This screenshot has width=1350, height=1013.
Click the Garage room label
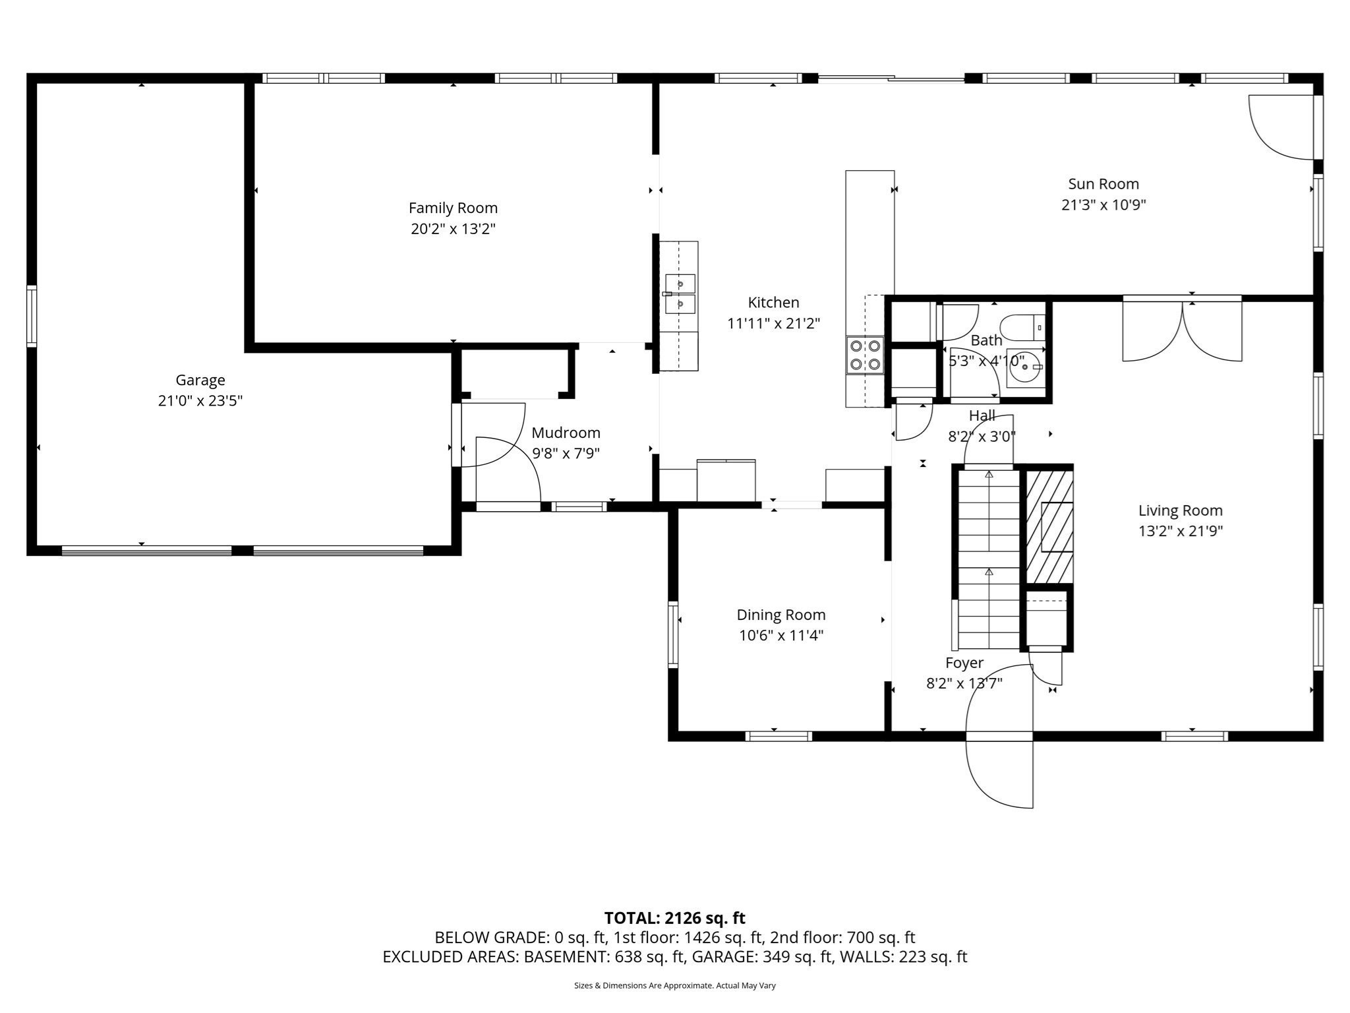click(x=200, y=380)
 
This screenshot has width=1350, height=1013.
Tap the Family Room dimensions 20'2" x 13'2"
click(x=453, y=229)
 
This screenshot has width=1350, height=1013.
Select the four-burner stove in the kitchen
click(x=865, y=355)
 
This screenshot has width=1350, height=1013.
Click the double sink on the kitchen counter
click(x=680, y=294)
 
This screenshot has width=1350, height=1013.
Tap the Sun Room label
click(x=1103, y=184)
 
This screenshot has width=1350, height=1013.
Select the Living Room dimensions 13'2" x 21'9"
click(x=1180, y=531)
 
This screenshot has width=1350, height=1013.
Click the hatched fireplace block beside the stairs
click(x=1049, y=526)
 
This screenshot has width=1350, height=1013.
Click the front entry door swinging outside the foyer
click(x=999, y=772)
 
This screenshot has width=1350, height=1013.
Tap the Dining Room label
click(x=780, y=615)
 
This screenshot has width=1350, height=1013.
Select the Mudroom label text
click(x=566, y=433)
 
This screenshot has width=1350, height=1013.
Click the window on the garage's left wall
click(x=32, y=316)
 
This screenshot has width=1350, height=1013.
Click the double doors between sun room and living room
click(x=1182, y=330)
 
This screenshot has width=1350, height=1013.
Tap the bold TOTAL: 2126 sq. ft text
click(x=674, y=917)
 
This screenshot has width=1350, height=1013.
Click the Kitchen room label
click(x=773, y=303)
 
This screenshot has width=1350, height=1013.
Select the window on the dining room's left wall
click(x=673, y=634)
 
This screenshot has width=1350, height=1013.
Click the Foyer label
click(x=964, y=663)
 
